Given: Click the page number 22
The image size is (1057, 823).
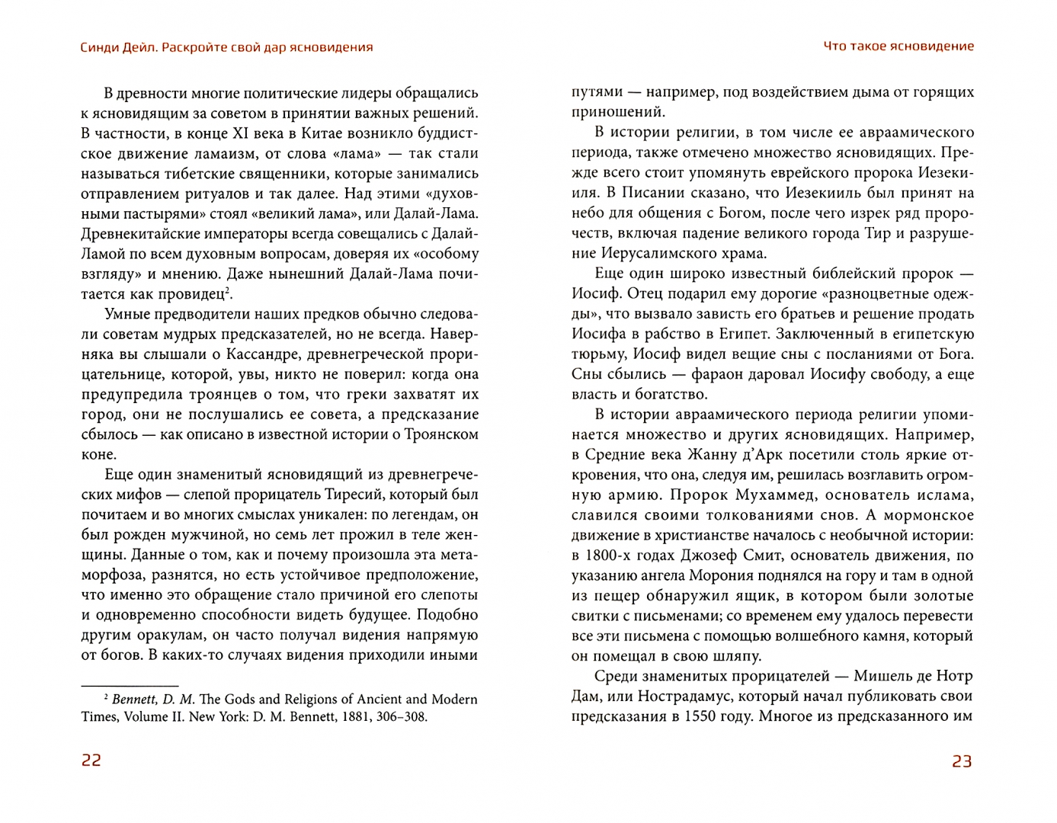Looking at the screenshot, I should pos(91,761).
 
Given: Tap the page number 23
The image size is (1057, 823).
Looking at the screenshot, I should pos(962,761).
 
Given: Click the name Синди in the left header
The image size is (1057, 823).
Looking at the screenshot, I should pos(100,47).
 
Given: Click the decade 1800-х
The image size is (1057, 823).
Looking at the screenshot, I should pos(616,556).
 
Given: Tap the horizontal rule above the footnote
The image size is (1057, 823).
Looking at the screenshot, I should pos(129,685).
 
